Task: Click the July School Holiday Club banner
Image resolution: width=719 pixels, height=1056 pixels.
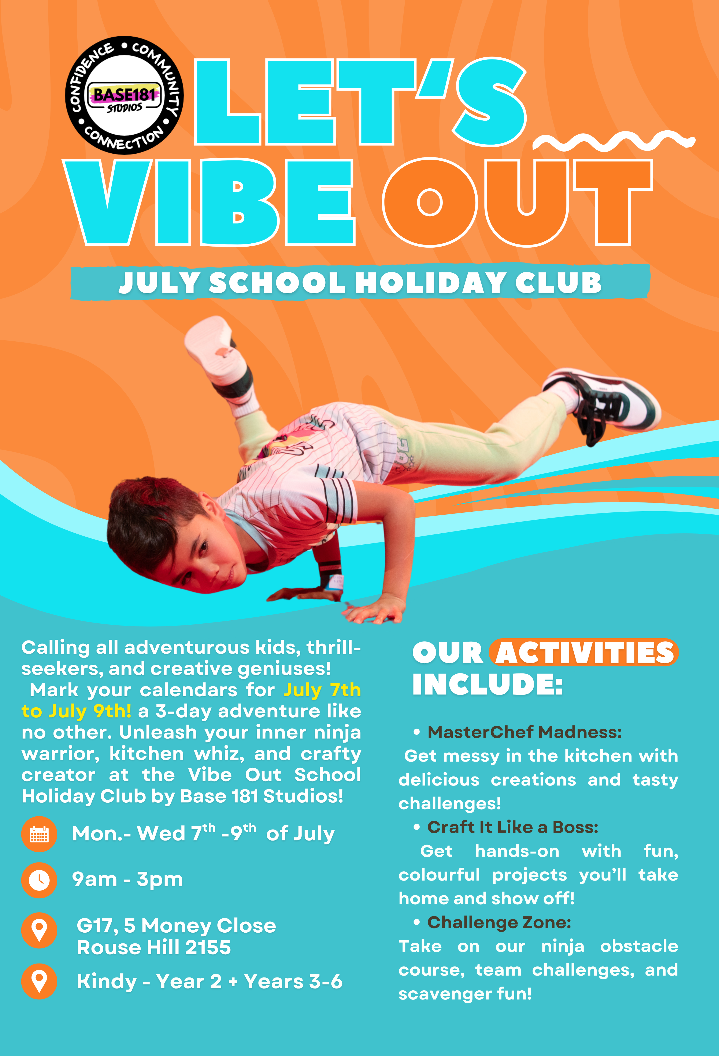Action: pos(360,282)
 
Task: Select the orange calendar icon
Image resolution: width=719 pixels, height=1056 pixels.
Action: pos(40,834)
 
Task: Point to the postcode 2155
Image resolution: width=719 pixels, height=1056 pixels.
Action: pos(208,947)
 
